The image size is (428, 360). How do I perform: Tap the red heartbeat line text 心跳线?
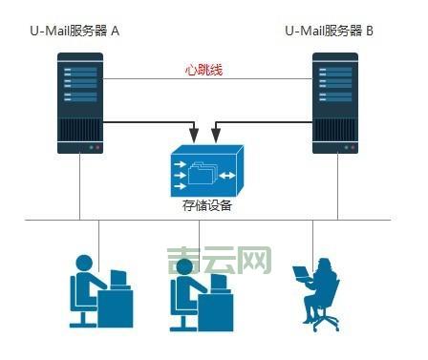coord(204,71)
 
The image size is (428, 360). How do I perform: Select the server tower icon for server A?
coord(80,103)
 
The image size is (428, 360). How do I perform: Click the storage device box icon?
coord(206,169)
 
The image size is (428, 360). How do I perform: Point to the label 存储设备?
coord(207,205)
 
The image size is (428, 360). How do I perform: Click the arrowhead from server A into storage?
coord(196,131)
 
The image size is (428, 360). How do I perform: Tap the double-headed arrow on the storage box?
coord(227,176)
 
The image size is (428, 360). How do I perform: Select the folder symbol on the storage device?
coord(203,173)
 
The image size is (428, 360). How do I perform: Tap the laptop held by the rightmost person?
coord(301,273)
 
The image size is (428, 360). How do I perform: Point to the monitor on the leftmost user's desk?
coord(118,278)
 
